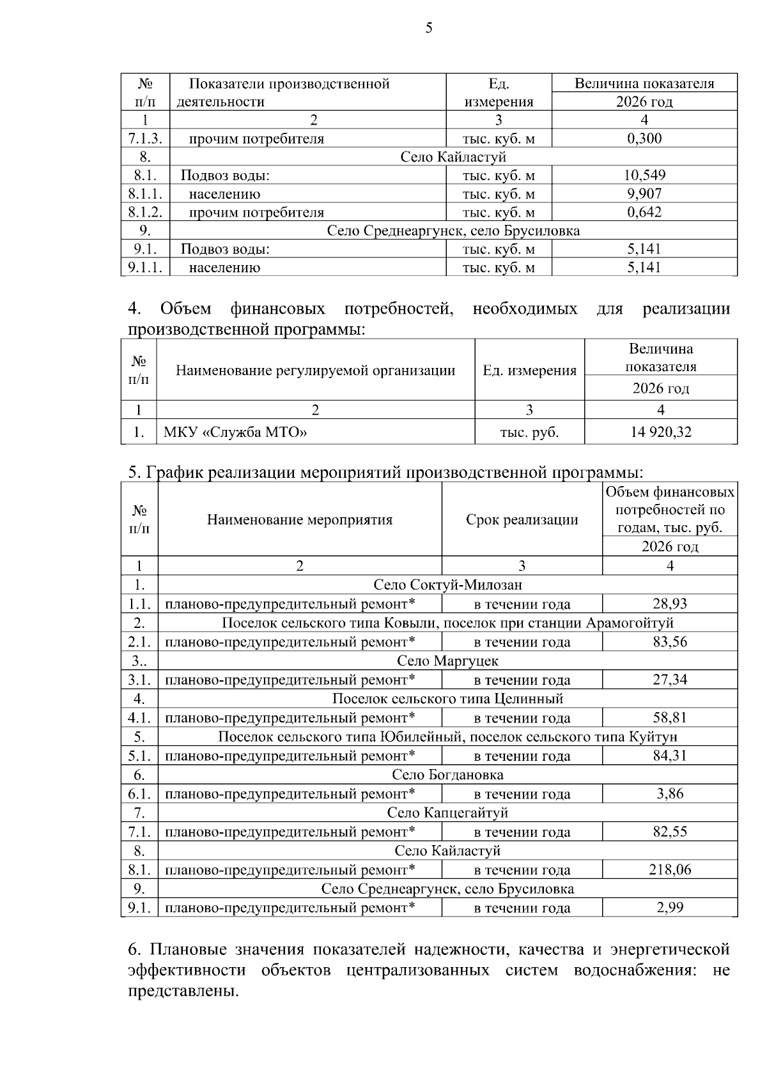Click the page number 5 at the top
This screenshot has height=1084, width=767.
(x=428, y=27)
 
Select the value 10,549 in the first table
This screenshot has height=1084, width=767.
(x=644, y=175)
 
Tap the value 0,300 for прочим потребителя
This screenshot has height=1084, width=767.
(x=644, y=139)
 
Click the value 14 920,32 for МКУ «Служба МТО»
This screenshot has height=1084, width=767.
(x=660, y=432)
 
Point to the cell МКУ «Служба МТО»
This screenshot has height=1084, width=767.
(x=235, y=432)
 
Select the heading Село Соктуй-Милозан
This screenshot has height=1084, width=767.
(x=447, y=584)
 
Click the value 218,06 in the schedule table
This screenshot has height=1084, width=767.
(x=670, y=869)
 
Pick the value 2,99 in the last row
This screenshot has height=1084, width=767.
(x=670, y=908)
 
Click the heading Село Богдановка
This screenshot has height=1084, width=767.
(x=447, y=775)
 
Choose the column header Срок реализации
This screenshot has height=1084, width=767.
(x=522, y=519)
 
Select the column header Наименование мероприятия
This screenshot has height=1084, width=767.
(x=299, y=519)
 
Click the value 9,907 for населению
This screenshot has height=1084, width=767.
(x=644, y=194)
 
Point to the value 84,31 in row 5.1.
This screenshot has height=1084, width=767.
(x=670, y=756)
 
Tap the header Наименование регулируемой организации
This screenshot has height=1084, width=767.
(x=315, y=370)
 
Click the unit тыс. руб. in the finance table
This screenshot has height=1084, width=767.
(x=529, y=432)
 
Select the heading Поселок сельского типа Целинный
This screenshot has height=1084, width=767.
(x=447, y=699)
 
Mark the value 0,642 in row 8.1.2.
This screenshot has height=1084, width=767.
(x=644, y=212)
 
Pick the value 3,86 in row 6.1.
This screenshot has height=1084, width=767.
(x=670, y=793)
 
